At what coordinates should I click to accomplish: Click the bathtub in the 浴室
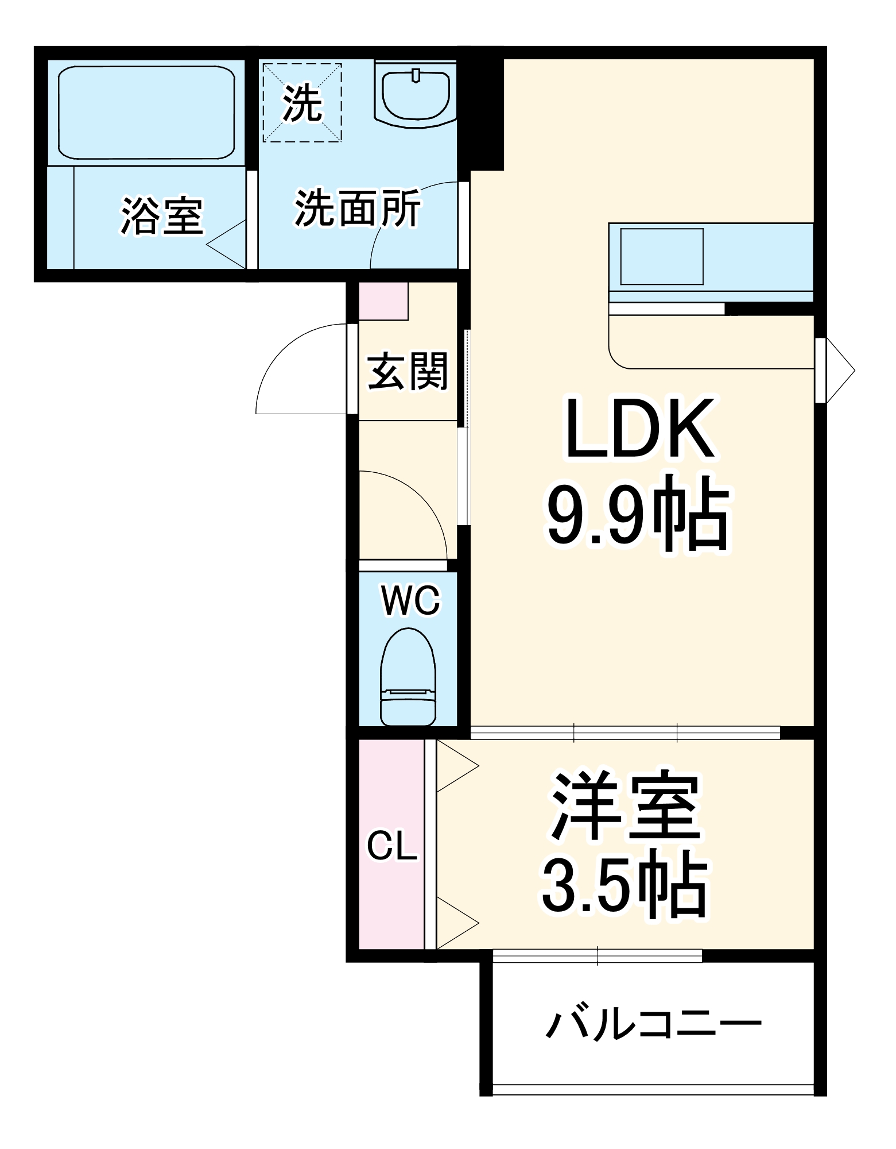[146, 112]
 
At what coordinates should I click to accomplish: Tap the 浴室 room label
[162, 216]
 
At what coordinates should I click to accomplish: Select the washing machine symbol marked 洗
[302, 103]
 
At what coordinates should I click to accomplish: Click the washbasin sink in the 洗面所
[416, 95]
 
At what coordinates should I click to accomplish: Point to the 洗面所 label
[358, 208]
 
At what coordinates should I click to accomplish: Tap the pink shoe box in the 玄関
[383, 300]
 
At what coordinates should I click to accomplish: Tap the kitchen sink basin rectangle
[661, 256]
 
